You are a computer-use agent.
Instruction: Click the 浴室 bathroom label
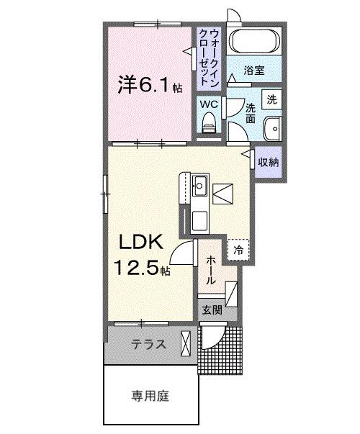click(x=253, y=71)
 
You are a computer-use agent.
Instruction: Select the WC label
click(x=208, y=104)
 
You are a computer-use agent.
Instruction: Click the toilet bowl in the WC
click(x=210, y=127)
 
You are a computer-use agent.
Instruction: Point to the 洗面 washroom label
click(x=250, y=113)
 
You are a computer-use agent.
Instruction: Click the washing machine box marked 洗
click(x=271, y=99)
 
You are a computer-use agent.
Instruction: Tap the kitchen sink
click(x=199, y=189)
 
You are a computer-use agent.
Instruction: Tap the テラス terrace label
click(x=148, y=344)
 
